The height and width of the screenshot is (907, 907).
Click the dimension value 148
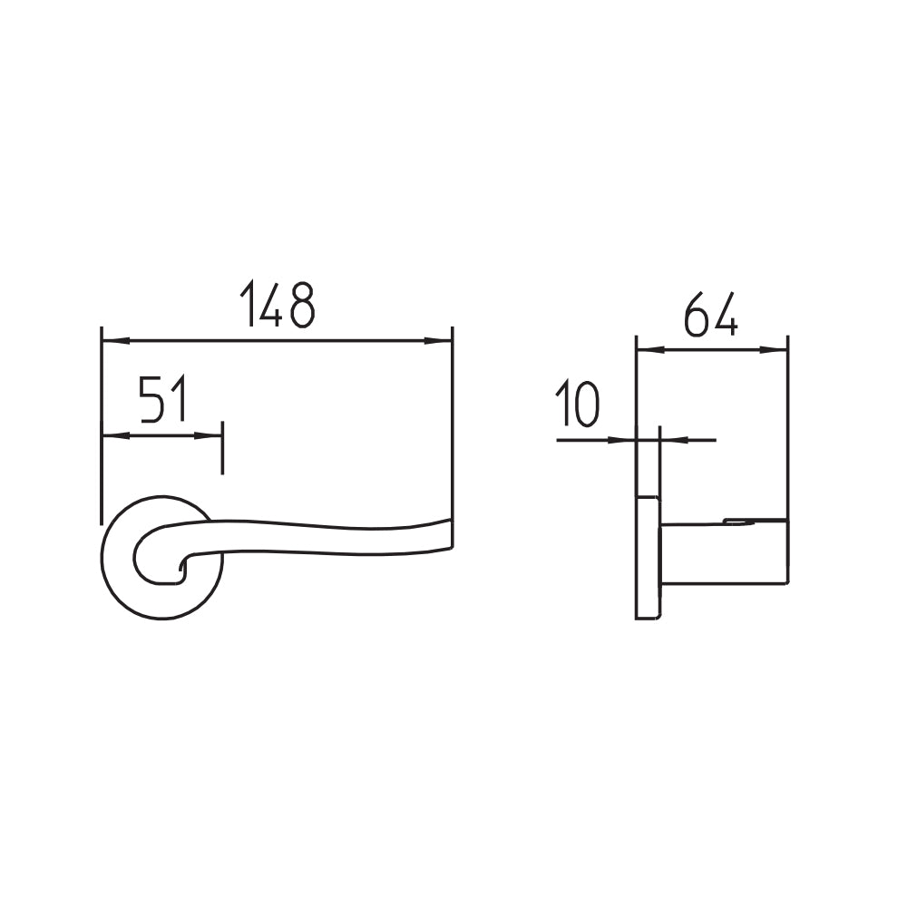point(278,305)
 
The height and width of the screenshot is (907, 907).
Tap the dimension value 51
point(163,401)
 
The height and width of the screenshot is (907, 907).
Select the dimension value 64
point(711,314)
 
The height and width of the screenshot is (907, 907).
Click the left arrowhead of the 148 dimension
point(114,341)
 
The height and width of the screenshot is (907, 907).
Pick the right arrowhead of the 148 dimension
point(439,341)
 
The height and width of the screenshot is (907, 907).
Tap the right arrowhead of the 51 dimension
point(210,435)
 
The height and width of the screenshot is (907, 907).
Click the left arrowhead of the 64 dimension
point(649,348)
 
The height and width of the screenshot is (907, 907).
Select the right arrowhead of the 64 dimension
point(775,348)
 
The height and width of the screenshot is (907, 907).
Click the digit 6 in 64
point(697,314)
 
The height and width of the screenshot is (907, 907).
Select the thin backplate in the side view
point(647,558)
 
